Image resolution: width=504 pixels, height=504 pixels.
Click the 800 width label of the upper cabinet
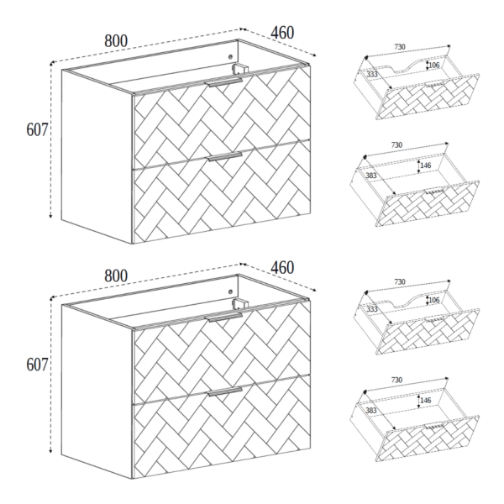tap(116, 41)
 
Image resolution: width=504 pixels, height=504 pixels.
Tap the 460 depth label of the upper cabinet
tap(282, 33)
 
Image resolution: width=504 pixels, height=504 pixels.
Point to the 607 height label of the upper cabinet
tap(37, 130)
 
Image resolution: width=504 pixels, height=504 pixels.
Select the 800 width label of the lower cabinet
tap(116, 276)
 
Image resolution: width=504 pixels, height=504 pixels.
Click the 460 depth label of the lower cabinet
tap(282, 267)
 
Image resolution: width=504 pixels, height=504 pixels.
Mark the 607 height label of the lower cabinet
tap(37, 365)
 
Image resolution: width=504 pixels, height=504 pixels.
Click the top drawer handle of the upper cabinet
tap(224, 82)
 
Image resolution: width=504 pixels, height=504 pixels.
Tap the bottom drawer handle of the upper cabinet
tap(224, 156)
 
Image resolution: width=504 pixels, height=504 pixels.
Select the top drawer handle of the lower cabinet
tap(224, 318)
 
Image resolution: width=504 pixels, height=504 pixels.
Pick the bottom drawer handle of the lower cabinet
tap(224, 391)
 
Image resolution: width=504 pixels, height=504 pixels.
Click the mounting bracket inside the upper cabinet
tap(240, 70)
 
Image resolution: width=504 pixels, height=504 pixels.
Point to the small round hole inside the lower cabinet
tap(230, 291)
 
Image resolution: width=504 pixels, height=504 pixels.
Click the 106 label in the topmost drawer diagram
tap(434, 66)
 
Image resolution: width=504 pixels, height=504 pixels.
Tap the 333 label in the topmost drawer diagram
tap(372, 74)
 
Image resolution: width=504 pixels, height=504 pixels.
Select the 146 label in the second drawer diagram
tap(426, 165)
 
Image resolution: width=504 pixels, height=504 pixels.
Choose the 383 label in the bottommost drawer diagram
tap(371, 411)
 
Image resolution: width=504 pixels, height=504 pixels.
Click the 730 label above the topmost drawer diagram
tap(400, 47)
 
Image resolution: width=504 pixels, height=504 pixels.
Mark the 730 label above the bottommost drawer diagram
tap(397, 380)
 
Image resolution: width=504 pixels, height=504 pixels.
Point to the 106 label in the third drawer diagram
tap(434, 300)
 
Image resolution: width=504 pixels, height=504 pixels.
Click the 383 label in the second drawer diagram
tap(371, 176)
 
